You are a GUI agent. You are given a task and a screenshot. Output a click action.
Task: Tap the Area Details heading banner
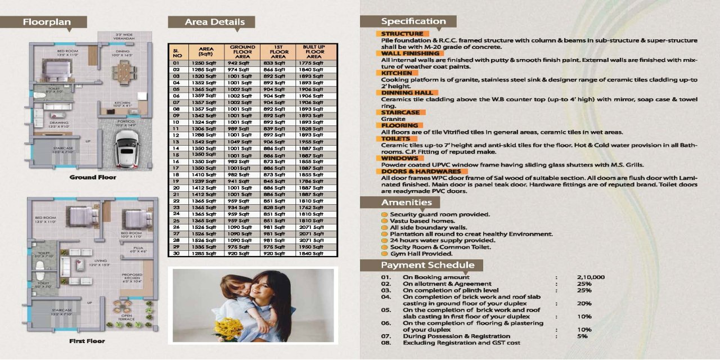coord(207,22)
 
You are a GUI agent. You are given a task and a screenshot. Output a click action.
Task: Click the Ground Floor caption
coord(93,178)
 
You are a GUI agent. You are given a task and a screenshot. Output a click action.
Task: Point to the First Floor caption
coord(87,341)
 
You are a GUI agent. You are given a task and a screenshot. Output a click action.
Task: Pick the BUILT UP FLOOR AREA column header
coord(314,52)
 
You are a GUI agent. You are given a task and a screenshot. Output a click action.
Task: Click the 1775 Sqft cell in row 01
coord(313,64)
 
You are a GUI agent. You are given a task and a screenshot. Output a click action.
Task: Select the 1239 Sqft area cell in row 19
coord(204,181)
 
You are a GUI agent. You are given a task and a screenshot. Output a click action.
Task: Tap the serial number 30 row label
coord(176,254)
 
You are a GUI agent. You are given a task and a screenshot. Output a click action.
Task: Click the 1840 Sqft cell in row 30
coord(313,254)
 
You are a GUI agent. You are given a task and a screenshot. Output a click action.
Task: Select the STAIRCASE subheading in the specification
coord(400,112)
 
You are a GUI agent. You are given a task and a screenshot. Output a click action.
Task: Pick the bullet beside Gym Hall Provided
coord(384,254)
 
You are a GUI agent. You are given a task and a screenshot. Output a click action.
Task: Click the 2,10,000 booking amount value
coord(591,277)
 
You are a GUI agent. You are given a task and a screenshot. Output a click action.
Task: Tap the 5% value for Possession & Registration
coord(582,336)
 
